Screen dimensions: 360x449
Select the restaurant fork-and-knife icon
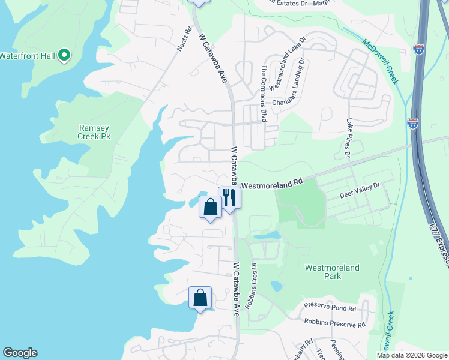[229, 196]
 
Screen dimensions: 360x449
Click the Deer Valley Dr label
[360, 191]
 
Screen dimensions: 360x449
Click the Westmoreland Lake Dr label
[287, 63]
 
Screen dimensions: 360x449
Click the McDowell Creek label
[381, 62]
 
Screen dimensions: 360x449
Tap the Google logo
[20, 353]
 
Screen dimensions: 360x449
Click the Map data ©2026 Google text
[412, 355]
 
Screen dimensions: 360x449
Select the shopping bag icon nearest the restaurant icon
[210, 208]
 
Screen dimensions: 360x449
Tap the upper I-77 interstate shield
[418, 49]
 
